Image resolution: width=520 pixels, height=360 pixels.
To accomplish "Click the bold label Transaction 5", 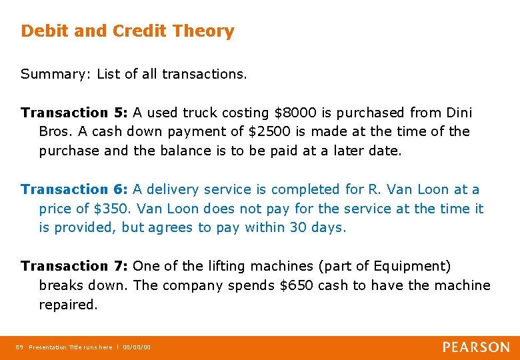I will [74, 113].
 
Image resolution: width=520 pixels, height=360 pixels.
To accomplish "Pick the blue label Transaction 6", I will [74, 189].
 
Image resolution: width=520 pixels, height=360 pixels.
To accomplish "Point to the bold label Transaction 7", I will [74, 266].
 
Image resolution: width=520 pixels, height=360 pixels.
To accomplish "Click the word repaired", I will [68, 305].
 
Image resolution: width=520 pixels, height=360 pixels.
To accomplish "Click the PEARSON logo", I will [476, 347].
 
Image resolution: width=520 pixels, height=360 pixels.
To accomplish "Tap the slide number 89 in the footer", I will [19, 347].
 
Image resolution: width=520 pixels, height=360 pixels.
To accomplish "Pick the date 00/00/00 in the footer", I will [137, 347].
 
